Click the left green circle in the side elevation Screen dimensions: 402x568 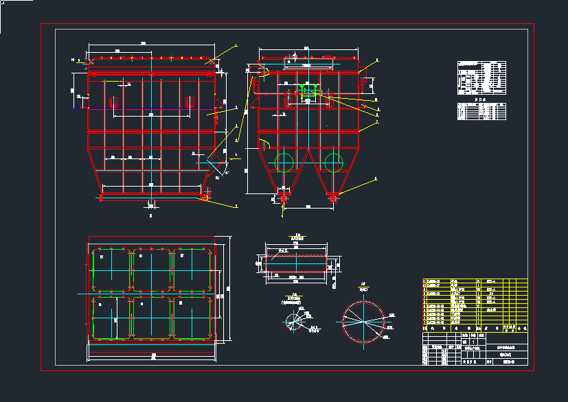click(x=284, y=163)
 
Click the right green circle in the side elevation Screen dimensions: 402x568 click(x=334, y=163)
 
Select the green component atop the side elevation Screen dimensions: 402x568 click(x=308, y=91)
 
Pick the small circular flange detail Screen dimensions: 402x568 click(x=296, y=320)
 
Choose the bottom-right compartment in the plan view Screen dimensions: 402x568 click(x=192, y=317)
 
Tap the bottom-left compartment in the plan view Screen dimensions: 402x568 click(x=110, y=317)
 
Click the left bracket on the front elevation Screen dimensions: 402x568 click(x=114, y=102)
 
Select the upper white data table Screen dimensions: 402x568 click(x=481, y=78)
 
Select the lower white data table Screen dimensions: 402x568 click(x=481, y=112)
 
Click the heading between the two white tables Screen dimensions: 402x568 click(x=481, y=99)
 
